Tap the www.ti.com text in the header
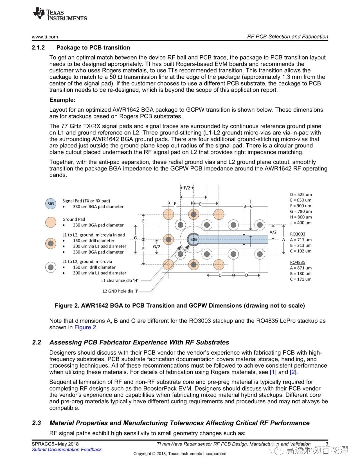[x=45, y=37]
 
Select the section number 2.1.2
[x=38, y=48]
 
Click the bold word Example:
[x=62, y=100]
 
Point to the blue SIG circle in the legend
[x=51, y=203]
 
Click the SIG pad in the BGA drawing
[x=193, y=239]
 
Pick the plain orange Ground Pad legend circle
[x=51, y=222]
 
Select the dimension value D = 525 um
[x=301, y=194]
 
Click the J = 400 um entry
[x=301, y=223]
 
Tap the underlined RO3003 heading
[x=297, y=234]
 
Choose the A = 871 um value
[x=301, y=268]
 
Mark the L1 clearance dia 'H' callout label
[x=119, y=281]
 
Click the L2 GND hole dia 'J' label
[x=120, y=291]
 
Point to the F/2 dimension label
[x=187, y=188]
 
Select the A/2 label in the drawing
[x=273, y=232]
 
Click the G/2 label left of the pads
[x=156, y=247]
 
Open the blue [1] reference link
[x=273, y=372]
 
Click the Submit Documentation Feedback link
[x=67, y=450]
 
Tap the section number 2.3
[x=36, y=423]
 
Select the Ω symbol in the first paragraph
[x=120, y=77]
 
